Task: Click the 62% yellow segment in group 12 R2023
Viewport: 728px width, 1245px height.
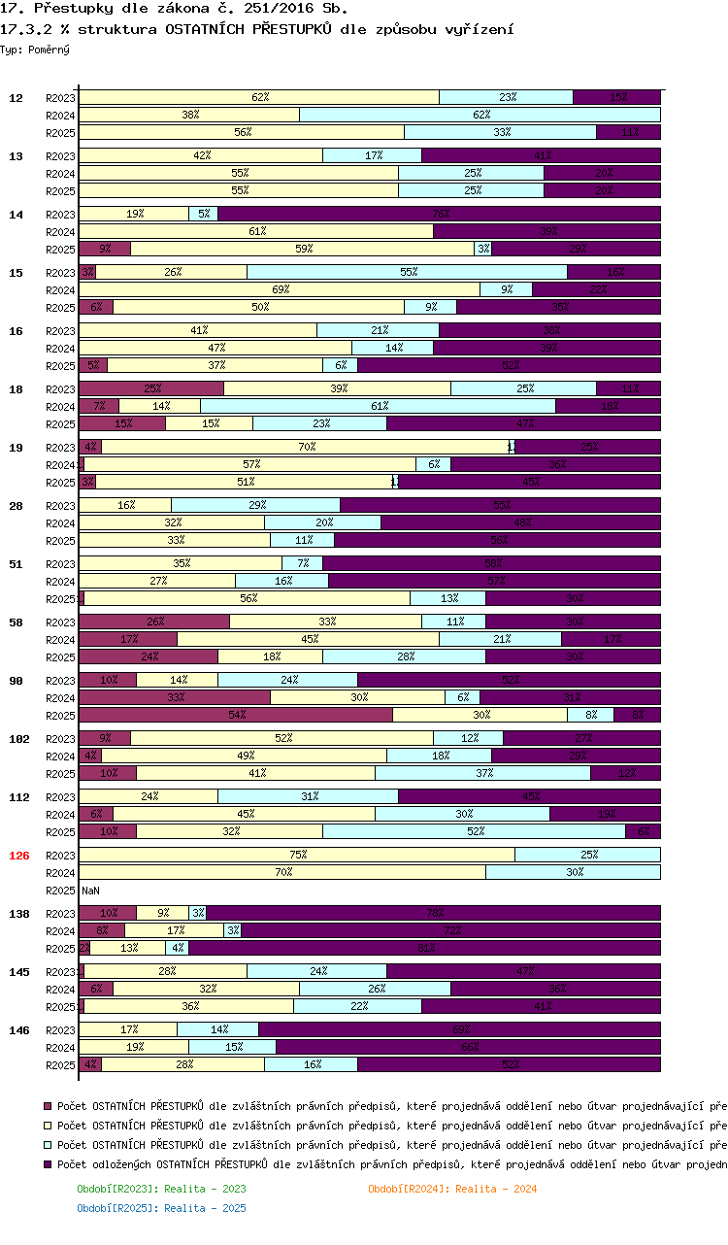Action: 259,97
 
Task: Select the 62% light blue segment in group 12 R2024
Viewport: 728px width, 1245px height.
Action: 480,115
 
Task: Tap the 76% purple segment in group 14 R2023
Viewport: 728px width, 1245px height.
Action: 440,214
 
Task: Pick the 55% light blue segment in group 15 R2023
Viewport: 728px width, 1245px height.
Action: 408,272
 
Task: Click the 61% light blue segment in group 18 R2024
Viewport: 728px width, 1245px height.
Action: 379,406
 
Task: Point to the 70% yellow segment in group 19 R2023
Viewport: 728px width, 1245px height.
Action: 307,447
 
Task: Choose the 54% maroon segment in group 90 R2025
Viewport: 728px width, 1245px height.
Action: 236,715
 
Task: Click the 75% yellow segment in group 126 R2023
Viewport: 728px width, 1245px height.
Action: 297,855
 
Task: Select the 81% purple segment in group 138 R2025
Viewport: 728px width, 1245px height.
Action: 425,948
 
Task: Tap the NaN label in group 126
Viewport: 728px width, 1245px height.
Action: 90,891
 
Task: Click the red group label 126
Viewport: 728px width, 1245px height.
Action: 19,856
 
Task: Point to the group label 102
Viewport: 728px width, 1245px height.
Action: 19,739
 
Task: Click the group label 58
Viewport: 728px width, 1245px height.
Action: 17,622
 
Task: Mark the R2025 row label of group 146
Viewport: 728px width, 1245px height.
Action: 60,1065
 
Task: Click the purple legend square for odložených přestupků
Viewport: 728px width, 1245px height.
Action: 48,1163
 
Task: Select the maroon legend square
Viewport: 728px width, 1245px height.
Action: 48,1105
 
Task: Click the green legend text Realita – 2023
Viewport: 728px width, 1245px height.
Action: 161,1189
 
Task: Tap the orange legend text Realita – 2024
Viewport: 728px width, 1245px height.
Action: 452,1189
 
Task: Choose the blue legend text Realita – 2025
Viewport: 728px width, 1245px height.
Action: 161,1208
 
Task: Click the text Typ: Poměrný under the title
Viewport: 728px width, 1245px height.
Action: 35,49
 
